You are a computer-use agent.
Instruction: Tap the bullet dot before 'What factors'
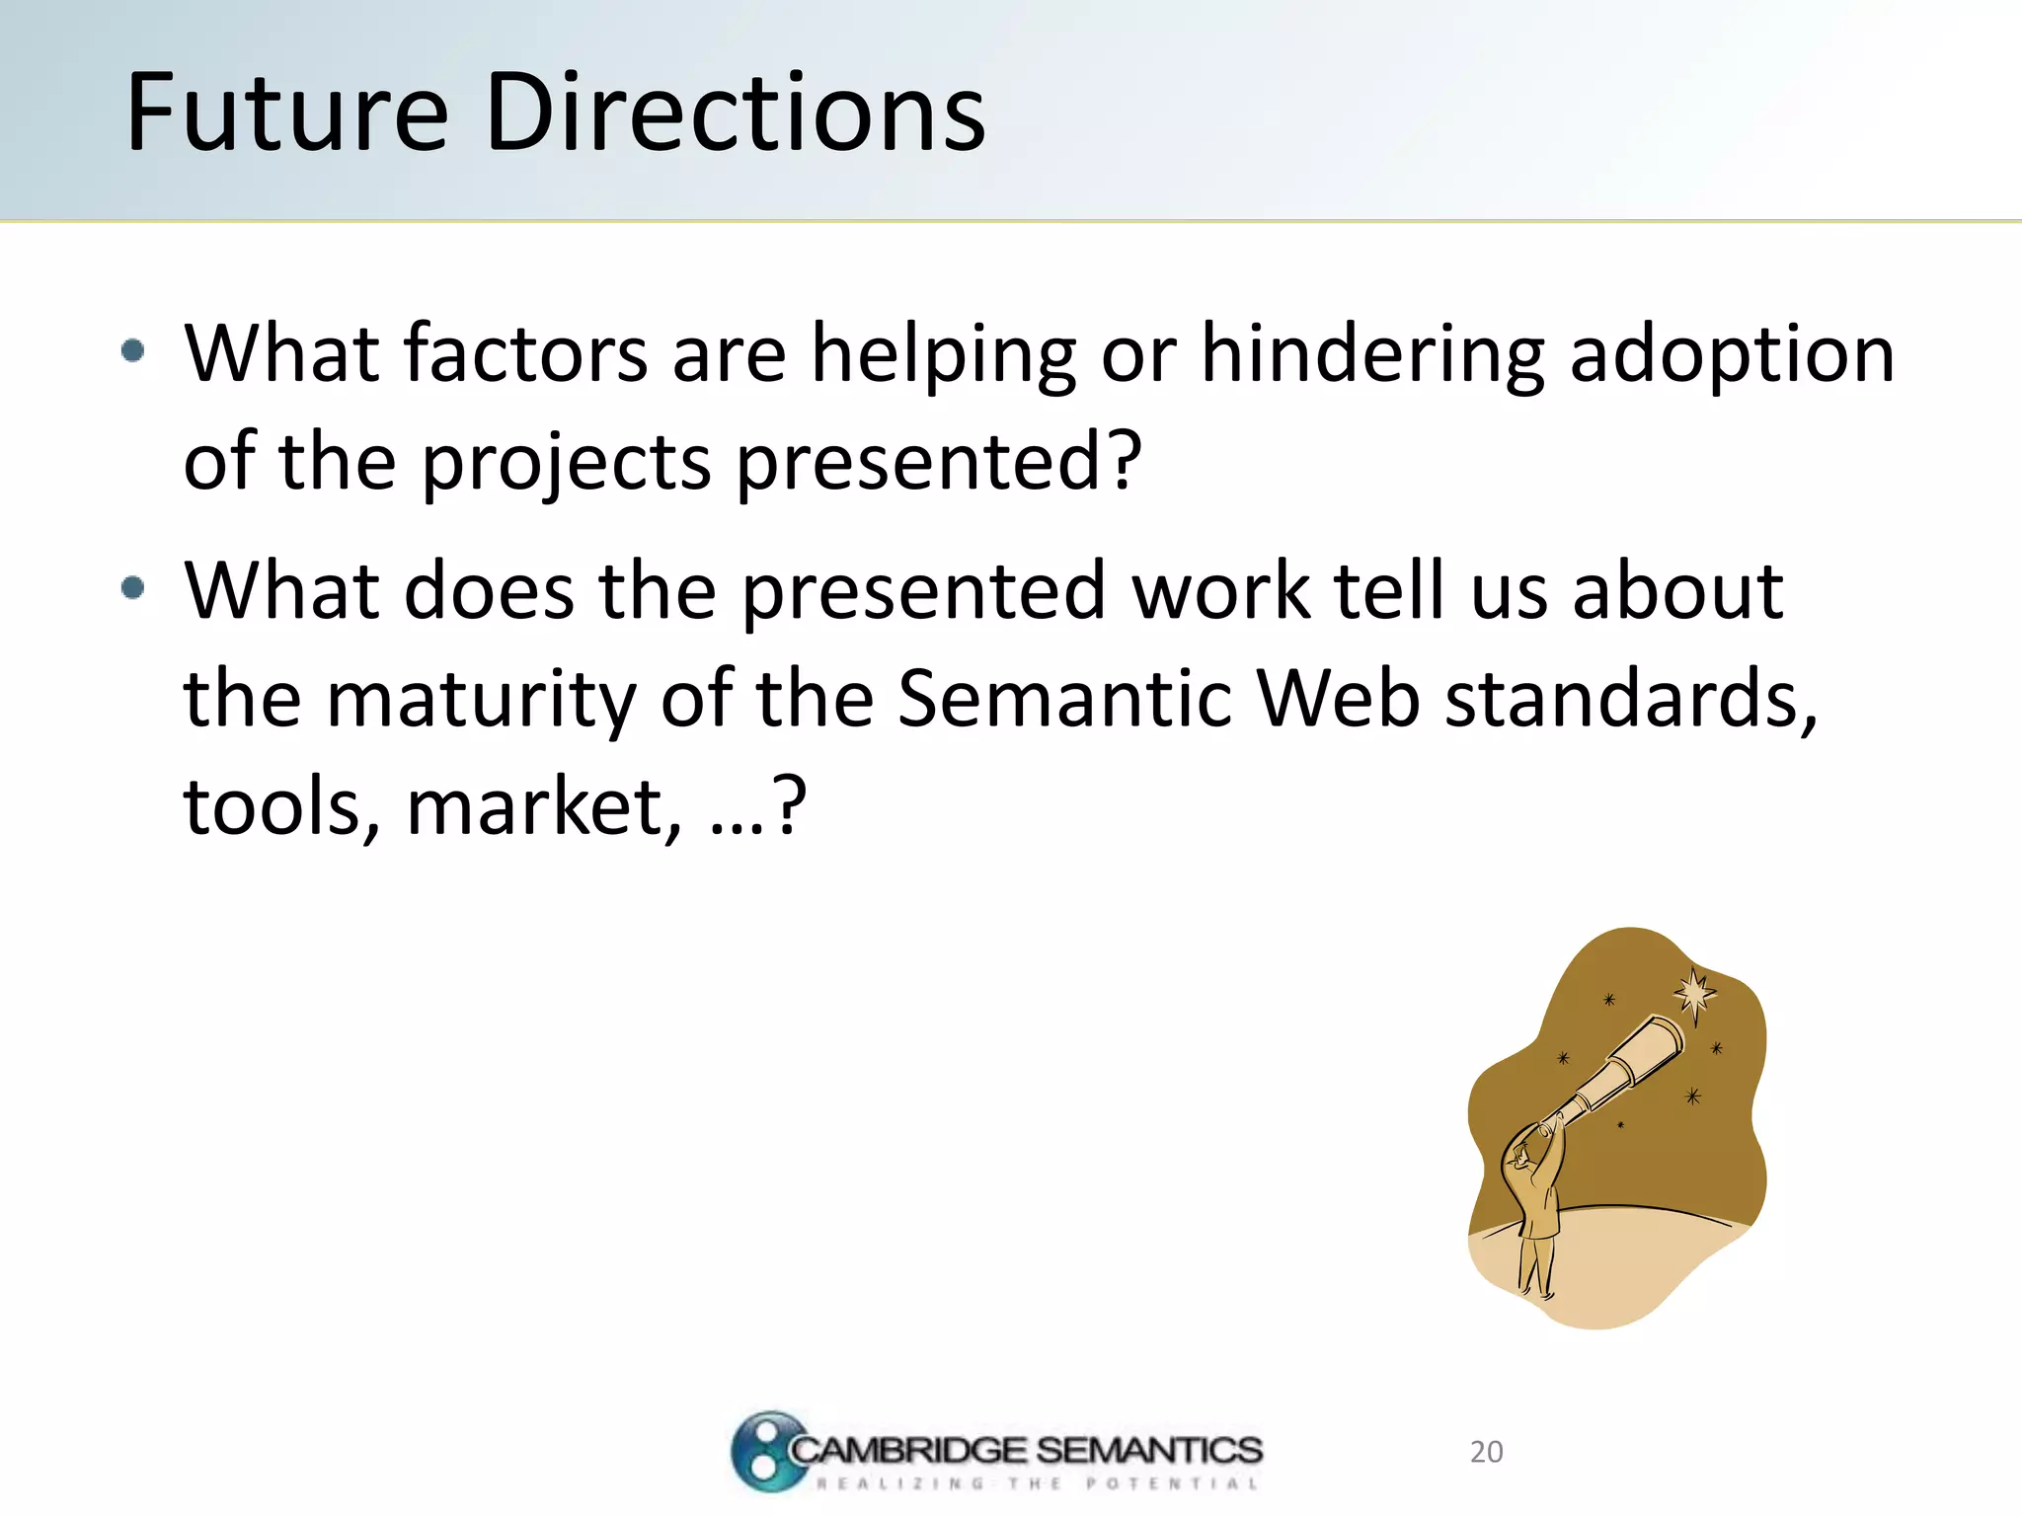coord(133,350)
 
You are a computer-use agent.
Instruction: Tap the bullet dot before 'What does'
coord(133,589)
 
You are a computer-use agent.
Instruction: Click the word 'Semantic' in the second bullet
coord(1065,698)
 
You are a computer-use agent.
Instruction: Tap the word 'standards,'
coord(1630,698)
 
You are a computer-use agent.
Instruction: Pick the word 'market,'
coord(544,807)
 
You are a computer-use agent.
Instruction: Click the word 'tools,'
coord(282,807)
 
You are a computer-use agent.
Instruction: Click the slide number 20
coord(1486,1452)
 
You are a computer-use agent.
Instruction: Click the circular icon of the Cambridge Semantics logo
coord(766,1451)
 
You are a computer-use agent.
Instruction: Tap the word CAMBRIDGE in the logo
coord(908,1450)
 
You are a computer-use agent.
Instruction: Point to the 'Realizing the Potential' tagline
coord(1037,1483)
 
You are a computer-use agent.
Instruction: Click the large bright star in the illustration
coord(1695,992)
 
